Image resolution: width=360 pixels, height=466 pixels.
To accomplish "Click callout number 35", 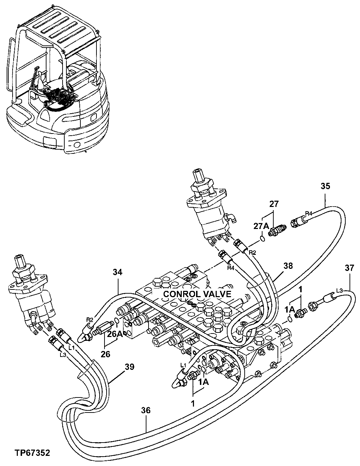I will coord(325,186).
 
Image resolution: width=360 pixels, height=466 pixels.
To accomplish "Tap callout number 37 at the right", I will coord(350,268).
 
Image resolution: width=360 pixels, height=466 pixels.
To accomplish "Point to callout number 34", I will coord(118,272).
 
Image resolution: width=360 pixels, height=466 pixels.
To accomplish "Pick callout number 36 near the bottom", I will coord(146,410).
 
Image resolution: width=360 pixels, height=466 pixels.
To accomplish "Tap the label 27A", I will coord(260,226).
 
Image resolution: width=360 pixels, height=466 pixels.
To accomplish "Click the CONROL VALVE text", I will coord(197,294).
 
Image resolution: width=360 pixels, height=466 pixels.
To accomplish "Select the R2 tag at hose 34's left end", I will coord(90,319).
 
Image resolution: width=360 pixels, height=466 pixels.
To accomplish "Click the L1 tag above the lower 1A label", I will coord(183,365).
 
